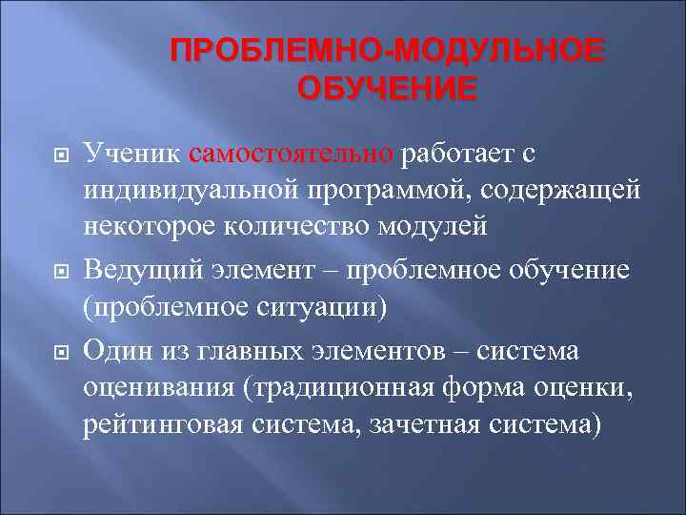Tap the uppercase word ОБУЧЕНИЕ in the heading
(x=386, y=89)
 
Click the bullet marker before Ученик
(x=56, y=154)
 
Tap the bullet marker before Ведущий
(x=56, y=272)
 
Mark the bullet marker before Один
(x=56, y=351)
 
